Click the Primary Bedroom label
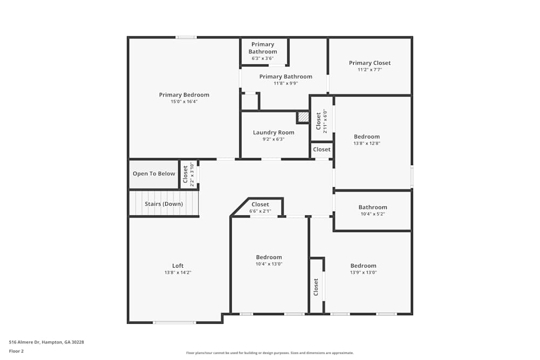click(x=184, y=95)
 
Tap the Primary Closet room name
click(x=369, y=63)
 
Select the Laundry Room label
click(x=274, y=133)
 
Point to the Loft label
click(x=178, y=266)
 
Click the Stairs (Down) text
click(x=164, y=204)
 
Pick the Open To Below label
click(x=154, y=174)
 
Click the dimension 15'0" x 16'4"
click(x=184, y=101)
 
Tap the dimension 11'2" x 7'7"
click(x=369, y=70)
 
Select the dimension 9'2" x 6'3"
click(x=274, y=139)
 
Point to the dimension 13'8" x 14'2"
click(x=178, y=273)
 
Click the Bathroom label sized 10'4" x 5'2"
click(x=373, y=207)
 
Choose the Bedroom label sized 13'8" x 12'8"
click(x=367, y=137)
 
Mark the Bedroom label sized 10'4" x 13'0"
click(x=269, y=257)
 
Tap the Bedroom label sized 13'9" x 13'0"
click(x=363, y=266)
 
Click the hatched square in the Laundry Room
click(x=303, y=117)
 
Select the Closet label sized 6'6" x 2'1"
click(x=260, y=205)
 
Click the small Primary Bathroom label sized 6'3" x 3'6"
click(x=262, y=48)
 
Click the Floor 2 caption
click(x=16, y=351)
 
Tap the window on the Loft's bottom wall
click(x=174, y=323)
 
